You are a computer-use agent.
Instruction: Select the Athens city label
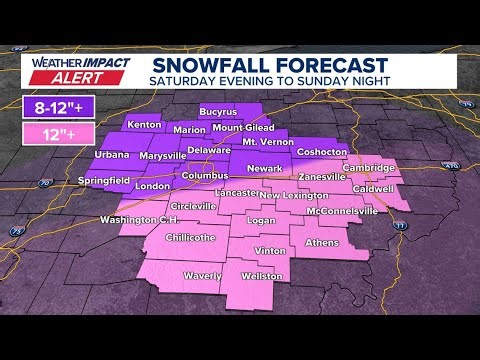pyautogui.click(x=322, y=242)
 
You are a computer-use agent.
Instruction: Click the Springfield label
pyautogui.click(x=104, y=180)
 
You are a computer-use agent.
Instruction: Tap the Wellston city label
pyautogui.click(x=263, y=275)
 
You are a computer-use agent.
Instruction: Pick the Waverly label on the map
pyautogui.click(x=202, y=275)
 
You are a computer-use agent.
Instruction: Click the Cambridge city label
pyautogui.click(x=366, y=168)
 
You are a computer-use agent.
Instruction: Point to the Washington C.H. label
pyautogui.click(x=139, y=220)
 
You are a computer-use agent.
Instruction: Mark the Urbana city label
pyautogui.click(x=111, y=155)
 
